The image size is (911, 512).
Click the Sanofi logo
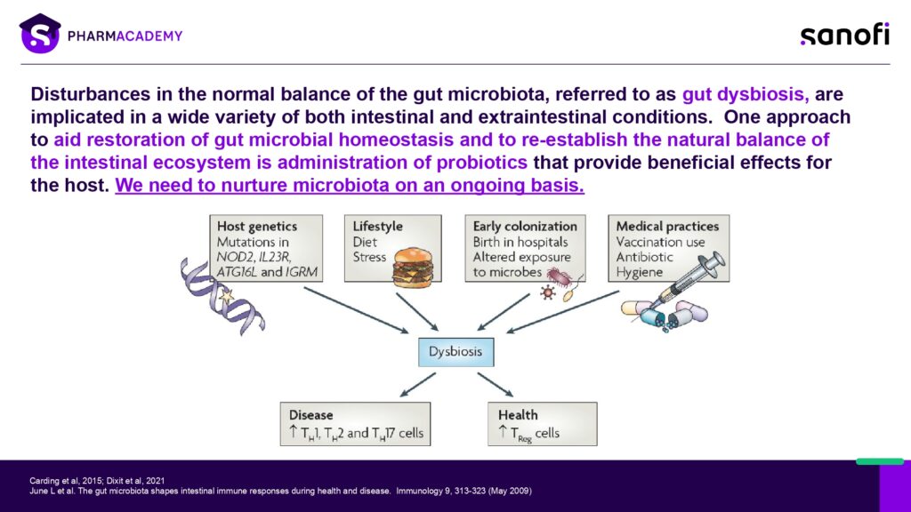click(843, 35)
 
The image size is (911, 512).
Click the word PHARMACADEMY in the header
click(125, 36)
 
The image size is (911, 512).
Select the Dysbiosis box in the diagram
click(455, 351)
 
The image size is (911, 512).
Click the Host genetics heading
click(256, 227)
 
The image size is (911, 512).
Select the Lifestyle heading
click(378, 227)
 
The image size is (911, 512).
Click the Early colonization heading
click(525, 227)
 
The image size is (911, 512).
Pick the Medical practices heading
click(667, 227)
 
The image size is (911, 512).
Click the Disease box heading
click(311, 415)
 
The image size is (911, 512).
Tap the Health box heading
click(518, 415)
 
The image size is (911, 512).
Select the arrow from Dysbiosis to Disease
click(416, 385)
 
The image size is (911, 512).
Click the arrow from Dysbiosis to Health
click(496, 385)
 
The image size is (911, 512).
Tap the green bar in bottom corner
click(880, 461)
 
